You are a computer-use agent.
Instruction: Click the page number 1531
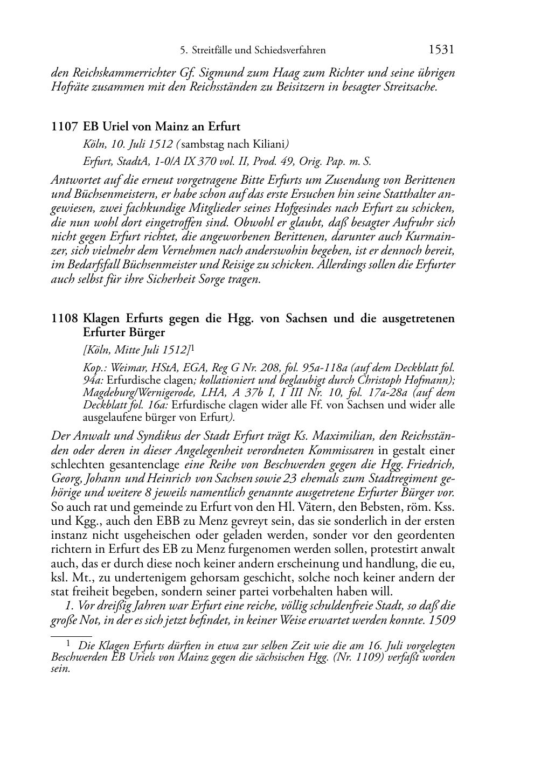pos(442,50)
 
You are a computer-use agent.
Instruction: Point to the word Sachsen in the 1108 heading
pos(302,318)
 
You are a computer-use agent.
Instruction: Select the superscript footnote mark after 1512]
pos(192,348)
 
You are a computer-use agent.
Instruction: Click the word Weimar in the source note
pos(123,368)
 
